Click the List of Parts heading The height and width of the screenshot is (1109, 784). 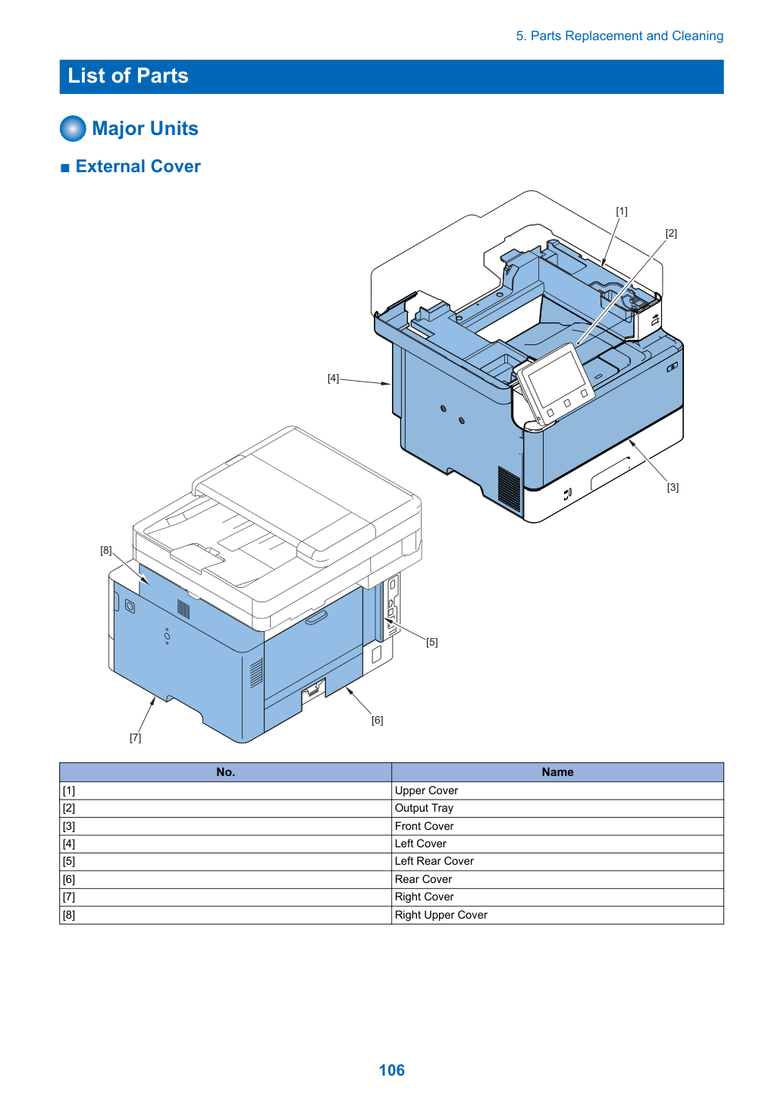[128, 76]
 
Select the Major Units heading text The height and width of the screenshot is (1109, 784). [145, 128]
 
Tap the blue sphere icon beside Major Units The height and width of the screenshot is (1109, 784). [73, 128]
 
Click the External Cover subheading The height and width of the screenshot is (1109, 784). [138, 166]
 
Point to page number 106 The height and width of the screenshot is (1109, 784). [391, 1070]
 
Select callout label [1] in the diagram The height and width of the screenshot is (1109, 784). [622, 212]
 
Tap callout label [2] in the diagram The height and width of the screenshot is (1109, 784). [671, 233]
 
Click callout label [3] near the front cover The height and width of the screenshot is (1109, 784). [673, 487]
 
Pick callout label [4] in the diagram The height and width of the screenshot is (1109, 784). [333, 379]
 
